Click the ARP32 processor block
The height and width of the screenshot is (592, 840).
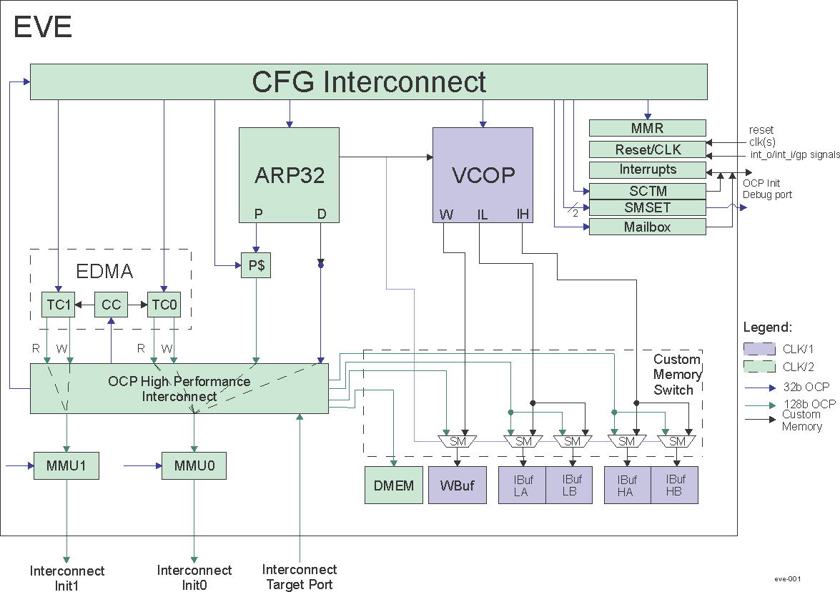point(289,174)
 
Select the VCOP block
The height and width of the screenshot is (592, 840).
point(483,174)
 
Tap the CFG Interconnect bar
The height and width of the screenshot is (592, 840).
point(368,82)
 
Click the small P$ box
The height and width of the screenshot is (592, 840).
point(256,265)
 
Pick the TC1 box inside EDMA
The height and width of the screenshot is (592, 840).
point(58,305)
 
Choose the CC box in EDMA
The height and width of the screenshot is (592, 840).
point(111,305)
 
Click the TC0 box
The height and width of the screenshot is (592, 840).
point(164,305)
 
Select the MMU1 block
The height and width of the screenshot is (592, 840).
point(66,465)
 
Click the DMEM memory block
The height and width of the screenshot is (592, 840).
point(394,485)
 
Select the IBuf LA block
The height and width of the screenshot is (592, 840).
point(521,485)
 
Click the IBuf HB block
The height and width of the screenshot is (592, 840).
point(673,485)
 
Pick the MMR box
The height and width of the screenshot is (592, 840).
point(647,129)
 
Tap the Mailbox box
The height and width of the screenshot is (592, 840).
point(647,227)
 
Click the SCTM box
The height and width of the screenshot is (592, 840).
point(647,190)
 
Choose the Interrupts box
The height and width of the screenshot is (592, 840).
point(647,170)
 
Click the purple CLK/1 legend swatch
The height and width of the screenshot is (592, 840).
point(759,349)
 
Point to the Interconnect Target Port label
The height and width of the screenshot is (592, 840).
point(300,576)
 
